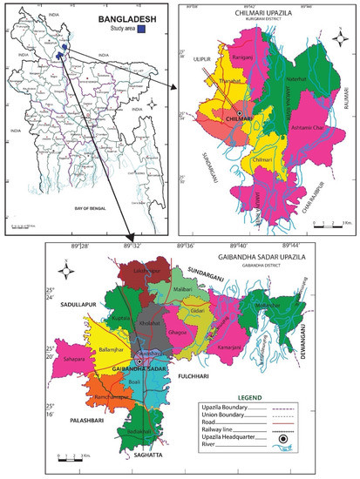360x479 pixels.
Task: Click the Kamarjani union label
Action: coord(227,347)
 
